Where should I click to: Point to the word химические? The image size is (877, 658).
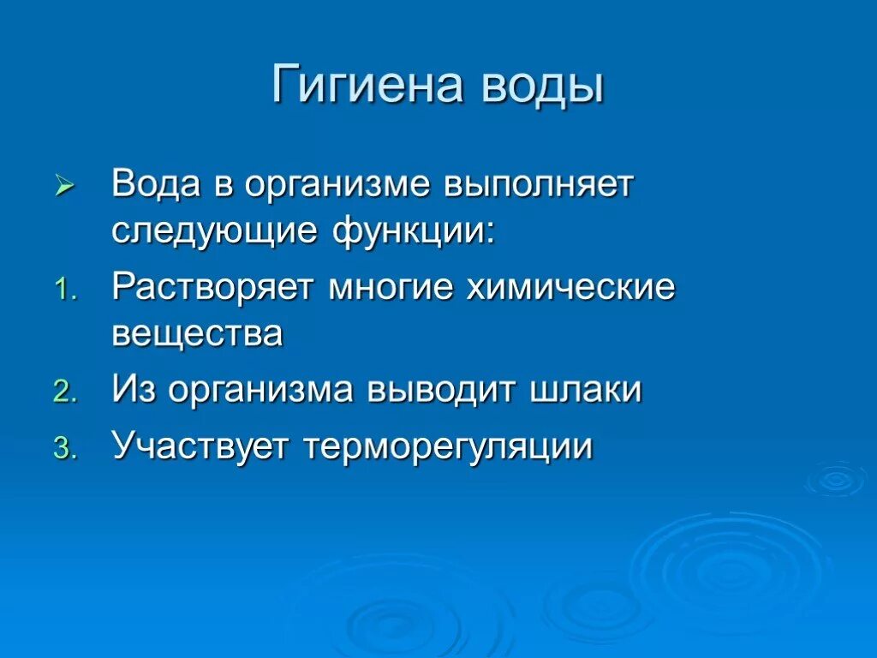pos(570,289)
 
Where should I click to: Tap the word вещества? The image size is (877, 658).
pos(197,333)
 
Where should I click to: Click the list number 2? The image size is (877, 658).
pos(65,392)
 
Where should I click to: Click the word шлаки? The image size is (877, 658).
pos(586,390)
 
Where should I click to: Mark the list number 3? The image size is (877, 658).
pos(65,448)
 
